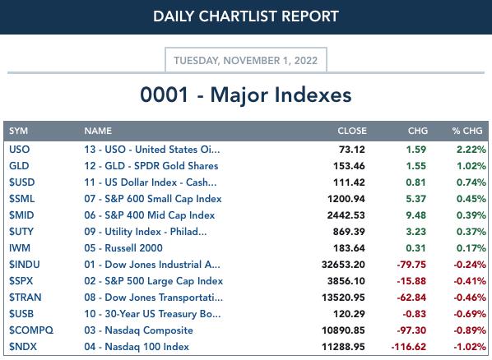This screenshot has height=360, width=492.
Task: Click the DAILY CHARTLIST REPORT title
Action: pos(246,16)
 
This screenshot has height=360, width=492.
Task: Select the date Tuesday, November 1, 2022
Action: pos(246,60)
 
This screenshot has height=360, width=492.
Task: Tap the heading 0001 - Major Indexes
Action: pos(246,95)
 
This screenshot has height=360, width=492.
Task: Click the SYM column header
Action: pos(19,131)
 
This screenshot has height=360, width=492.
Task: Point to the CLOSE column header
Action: pos(352,131)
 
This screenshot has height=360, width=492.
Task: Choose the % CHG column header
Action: pos(467,131)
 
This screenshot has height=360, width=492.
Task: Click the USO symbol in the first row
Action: pos(20,150)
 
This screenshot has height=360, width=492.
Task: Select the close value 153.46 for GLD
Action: pos(349,166)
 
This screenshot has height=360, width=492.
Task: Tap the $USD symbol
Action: pos(21,182)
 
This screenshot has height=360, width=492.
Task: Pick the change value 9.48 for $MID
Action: pos(415,215)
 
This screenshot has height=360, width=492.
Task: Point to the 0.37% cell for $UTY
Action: pos(471,232)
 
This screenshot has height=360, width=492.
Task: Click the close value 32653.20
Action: pos(343,265)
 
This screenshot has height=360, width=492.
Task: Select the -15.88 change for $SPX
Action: pos(411,281)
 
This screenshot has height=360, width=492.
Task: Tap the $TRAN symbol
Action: pos(26,298)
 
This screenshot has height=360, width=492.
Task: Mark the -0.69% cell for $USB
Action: pos(470,314)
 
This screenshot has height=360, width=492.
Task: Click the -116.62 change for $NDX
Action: pos(409,347)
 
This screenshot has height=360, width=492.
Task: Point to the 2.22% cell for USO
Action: pos(471,150)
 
